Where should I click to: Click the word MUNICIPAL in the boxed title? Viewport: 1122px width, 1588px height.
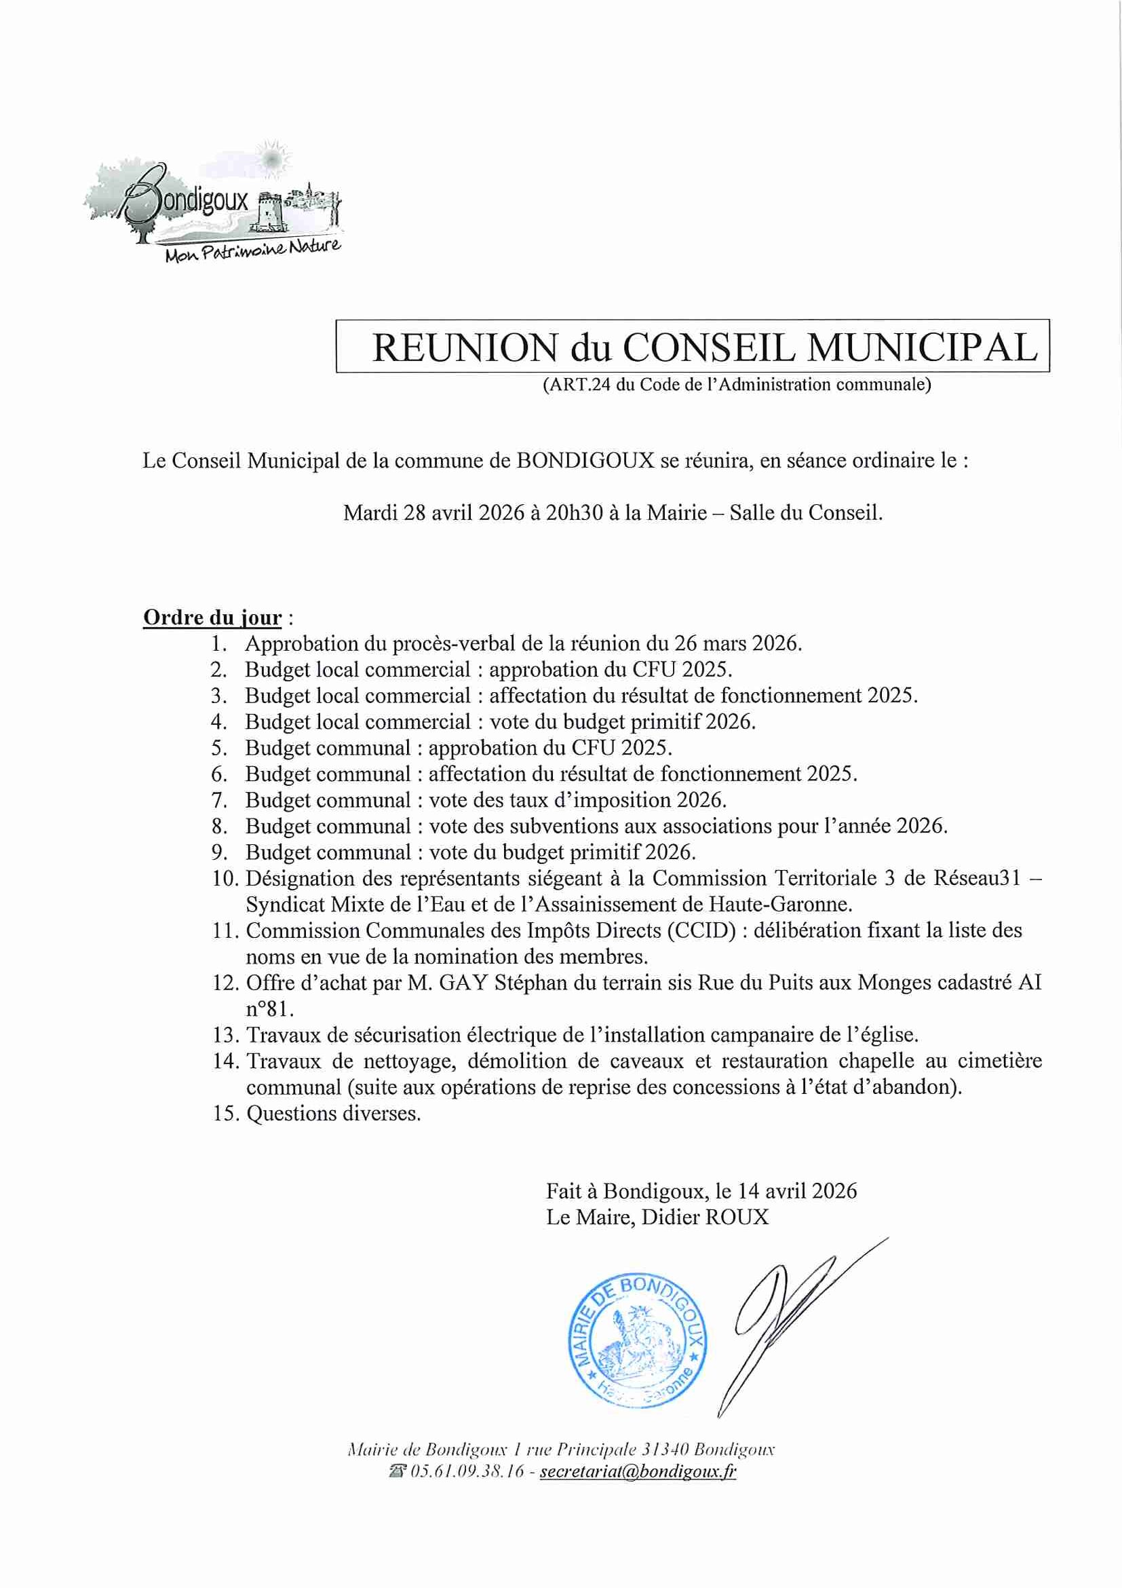point(922,347)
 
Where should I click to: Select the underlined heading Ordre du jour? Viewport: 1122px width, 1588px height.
point(212,618)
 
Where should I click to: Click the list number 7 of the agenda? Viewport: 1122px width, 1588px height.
point(219,801)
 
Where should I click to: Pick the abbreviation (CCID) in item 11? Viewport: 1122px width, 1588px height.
point(701,931)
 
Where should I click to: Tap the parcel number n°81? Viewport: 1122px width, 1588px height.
point(269,1010)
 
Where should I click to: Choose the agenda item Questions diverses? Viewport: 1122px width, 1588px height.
point(333,1114)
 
